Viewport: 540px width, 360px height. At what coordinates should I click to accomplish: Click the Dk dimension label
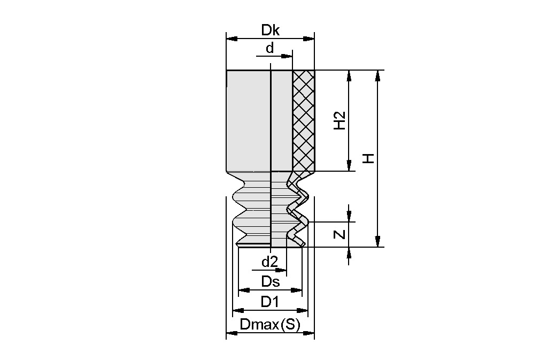[x=270, y=30]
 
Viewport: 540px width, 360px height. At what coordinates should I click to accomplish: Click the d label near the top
[x=270, y=48]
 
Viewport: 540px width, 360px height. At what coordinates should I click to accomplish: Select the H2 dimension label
[x=340, y=121]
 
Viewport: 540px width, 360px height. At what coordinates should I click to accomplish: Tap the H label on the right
[x=368, y=158]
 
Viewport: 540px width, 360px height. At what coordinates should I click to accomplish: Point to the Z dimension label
[x=340, y=234]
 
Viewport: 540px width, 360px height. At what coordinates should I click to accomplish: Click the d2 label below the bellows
[x=269, y=263]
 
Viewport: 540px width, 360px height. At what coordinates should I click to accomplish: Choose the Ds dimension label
[x=270, y=281]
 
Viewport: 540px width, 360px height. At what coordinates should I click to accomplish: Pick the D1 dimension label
[x=270, y=302]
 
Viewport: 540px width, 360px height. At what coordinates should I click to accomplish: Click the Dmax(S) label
[x=270, y=324]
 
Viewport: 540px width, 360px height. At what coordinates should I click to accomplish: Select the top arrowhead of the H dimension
[x=377, y=75]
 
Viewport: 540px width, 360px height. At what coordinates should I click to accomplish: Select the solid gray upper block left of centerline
[x=248, y=120]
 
